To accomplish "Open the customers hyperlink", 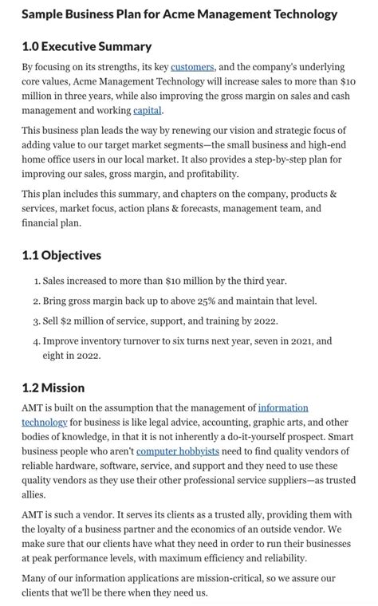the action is pos(192,67).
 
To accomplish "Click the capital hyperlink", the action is pos(148,110).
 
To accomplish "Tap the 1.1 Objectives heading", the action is pos(61,255).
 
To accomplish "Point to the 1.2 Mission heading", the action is pos(53,388).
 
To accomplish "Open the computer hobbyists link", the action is pos(178,451).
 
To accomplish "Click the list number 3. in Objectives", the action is pos(37,321).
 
